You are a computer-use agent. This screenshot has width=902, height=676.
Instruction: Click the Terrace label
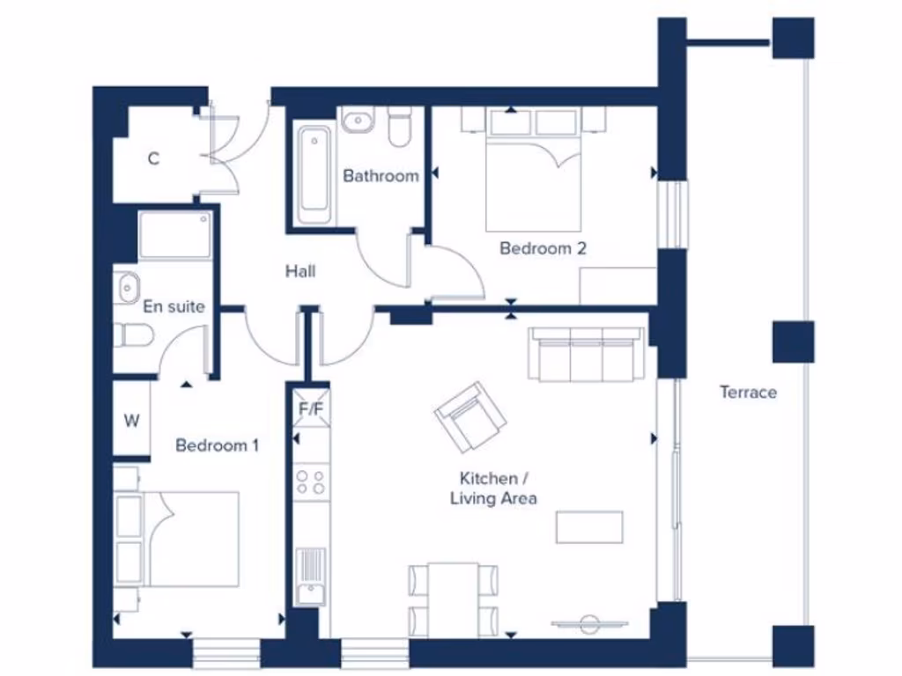point(748,393)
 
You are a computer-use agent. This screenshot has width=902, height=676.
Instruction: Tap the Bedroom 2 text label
point(543,248)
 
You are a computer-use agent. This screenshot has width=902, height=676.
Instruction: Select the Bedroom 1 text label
point(217,445)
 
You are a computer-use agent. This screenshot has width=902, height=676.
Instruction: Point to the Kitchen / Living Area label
point(493,489)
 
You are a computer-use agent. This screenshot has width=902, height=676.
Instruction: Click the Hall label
point(300,271)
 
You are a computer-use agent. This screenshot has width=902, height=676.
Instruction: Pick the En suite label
point(174,306)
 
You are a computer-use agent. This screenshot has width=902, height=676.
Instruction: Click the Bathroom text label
point(381,176)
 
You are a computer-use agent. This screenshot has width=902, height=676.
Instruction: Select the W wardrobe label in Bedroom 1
point(131,421)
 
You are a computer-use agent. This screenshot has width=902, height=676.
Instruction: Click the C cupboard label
point(153,158)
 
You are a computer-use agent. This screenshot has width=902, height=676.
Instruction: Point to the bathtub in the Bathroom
point(314,174)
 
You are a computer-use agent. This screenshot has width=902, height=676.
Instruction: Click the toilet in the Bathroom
point(401,125)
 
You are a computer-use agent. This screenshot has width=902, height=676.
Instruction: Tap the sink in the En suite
point(129,286)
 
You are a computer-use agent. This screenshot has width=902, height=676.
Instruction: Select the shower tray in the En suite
point(174,235)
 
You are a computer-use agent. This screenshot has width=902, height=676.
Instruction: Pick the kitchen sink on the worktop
point(310,577)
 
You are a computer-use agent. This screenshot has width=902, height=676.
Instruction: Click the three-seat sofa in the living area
point(585,353)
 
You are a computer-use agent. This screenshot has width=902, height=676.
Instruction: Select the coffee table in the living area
point(589,526)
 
